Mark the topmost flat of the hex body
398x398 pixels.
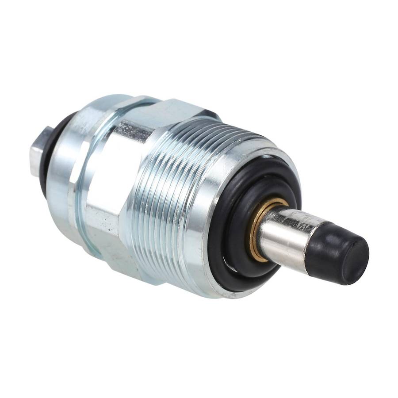click(x=177, y=108)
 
